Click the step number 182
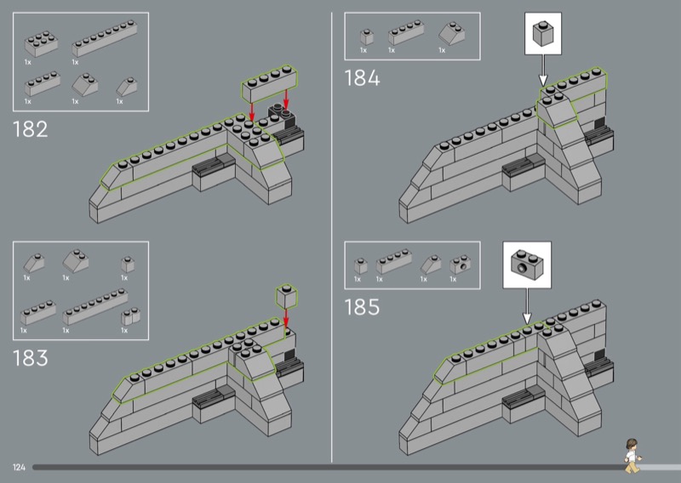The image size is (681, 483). click(x=30, y=130)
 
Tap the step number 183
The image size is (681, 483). click(x=30, y=358)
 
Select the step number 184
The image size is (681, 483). click(x=362, y=79)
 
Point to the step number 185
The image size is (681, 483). click(x=362, y=307)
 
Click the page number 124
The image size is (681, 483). click(x=19, y=468)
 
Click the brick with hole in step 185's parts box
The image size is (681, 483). click(x=461, y=264)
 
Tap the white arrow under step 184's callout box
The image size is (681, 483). click(x=543, y=71)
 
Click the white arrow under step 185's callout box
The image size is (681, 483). click(x=525, y=304)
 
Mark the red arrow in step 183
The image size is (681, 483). click(x=286, y=317)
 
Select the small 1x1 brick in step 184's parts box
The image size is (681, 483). click(x=366, y=37)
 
